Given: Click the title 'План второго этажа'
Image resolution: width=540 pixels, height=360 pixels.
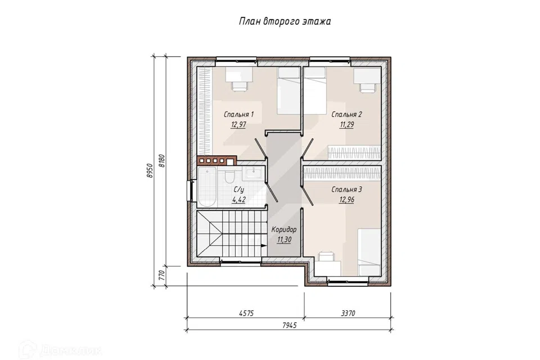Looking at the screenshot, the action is click(x=285, y=21).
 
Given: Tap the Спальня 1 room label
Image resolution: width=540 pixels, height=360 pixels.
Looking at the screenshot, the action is click(x=238, y=114).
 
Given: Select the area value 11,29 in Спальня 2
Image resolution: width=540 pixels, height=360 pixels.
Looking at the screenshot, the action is click(x=346, y=125).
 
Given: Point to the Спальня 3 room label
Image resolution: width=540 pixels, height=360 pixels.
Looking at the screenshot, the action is click(x=346, y=190).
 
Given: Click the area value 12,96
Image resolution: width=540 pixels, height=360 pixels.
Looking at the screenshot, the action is click(x=346, y=200).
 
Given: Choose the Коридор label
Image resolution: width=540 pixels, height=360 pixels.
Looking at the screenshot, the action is click(x=283, y=229).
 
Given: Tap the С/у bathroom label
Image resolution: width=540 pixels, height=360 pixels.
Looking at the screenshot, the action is click(x=238, y=190).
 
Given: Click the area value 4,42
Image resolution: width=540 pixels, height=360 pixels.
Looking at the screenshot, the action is click(x=238, y=200).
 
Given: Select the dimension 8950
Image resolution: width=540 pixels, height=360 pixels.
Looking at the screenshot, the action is click(x=149, y=170).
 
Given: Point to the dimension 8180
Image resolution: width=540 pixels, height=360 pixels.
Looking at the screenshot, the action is click(x=162, y=160).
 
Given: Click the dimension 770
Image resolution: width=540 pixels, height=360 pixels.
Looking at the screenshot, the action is click(x=162, y=276).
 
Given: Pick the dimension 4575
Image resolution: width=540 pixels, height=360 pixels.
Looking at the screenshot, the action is click(x=246, y=313).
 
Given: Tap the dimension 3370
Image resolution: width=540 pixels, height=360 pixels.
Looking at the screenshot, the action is click(x=348, y=313).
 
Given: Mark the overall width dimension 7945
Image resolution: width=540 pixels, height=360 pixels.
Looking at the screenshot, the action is click(x=289, y=325).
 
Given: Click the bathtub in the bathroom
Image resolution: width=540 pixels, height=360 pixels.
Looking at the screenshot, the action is click(x=206, y=187).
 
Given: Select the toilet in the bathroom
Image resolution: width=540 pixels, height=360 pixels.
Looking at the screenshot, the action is click(x=229, y=175).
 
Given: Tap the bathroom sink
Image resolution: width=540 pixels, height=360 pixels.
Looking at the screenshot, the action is click(x=254, y=173).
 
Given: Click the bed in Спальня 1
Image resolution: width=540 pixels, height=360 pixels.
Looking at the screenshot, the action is click(x=289, y=91).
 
